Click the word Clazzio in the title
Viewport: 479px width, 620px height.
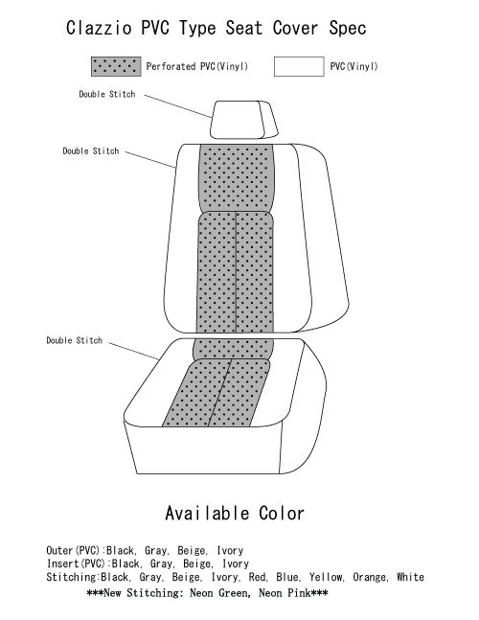tap(99, 28)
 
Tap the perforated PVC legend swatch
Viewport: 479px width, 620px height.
tap(116, 66)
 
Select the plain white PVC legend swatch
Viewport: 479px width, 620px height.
tap(299, 66)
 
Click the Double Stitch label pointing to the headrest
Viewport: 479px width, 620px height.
tap(107, 94)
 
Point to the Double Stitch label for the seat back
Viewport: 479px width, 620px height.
tap(91, 151)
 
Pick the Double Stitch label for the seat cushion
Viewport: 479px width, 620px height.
tap(75, 340)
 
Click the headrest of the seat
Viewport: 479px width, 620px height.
tap(244, 120)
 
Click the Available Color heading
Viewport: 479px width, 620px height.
tap(235, 514)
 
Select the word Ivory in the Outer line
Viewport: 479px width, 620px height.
tap(230, 550)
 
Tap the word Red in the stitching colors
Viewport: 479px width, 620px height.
tap(257, 577)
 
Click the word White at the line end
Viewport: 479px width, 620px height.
tap(410, 577)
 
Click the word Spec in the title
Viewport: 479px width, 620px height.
tap(348, 29)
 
